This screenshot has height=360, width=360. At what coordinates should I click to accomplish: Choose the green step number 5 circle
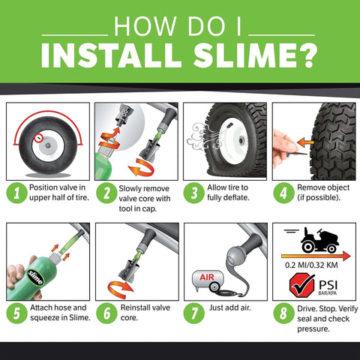point(16,310)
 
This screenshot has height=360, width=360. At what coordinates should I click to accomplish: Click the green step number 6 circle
point(106,310)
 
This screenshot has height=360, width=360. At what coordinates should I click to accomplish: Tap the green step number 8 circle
point(283,310)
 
